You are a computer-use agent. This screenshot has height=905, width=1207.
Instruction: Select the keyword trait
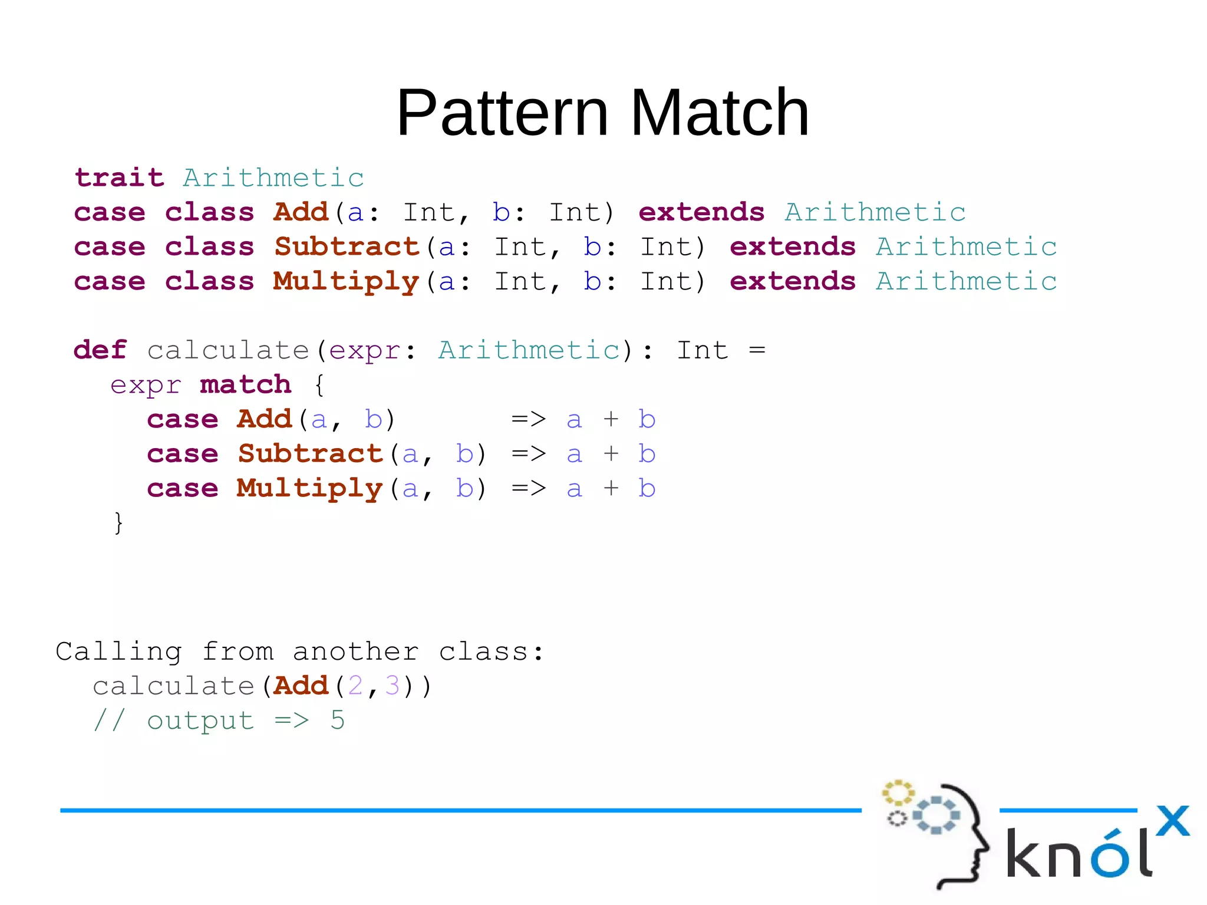click(119, 177)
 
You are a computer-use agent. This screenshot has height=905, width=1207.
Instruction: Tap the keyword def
click(100, 350)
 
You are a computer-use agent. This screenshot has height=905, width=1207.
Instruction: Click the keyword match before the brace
click(245, 384)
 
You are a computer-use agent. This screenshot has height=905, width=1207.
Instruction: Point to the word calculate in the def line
click(228, 350)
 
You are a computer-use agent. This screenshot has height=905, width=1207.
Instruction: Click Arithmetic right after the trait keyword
click(273, 177)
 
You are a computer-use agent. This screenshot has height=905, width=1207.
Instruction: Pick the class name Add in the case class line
click(301, 212)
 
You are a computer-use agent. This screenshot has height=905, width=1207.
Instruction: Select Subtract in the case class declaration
click(347, 246)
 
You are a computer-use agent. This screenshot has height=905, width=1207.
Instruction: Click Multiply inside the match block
click(309, 488)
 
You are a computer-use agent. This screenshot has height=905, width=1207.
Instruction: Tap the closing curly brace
click(118, 522)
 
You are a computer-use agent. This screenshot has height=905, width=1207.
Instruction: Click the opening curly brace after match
click(319, 385)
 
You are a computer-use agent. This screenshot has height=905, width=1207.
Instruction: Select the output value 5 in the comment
click(338, 720)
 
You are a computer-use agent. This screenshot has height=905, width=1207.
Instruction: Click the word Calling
click(118, 651)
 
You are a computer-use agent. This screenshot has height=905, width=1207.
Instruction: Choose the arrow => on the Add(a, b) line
click(529, 419)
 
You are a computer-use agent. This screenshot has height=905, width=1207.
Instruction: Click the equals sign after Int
click(757, 350)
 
